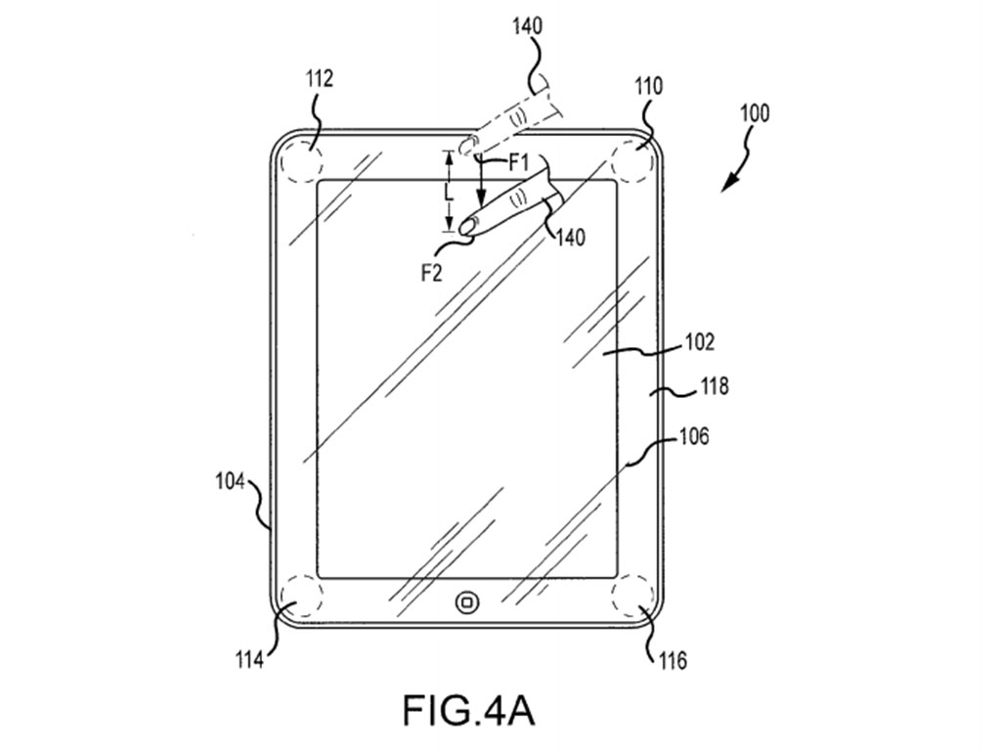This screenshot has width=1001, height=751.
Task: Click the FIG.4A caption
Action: tap(468, 709)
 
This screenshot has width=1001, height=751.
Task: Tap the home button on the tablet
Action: tap(468, 601)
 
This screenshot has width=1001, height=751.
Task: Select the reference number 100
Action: tap(755, 113)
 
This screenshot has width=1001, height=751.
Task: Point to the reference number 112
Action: tap(320, 78)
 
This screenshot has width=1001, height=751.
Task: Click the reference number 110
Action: tap(649, 86)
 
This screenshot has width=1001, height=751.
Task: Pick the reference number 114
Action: tap(249, 658)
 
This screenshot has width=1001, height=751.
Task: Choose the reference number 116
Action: tap(673, 660)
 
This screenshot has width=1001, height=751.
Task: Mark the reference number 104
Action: tap(231, 481)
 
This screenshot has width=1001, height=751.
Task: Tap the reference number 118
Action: tap(714, 385)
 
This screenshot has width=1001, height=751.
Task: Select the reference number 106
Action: tap(694, 436)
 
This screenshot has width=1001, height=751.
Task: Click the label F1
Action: tap(518, 163)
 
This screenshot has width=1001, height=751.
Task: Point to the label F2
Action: tap(431, 274)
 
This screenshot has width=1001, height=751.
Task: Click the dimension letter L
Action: tap(449, 192)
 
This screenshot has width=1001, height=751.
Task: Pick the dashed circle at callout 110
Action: tap(633, 157)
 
